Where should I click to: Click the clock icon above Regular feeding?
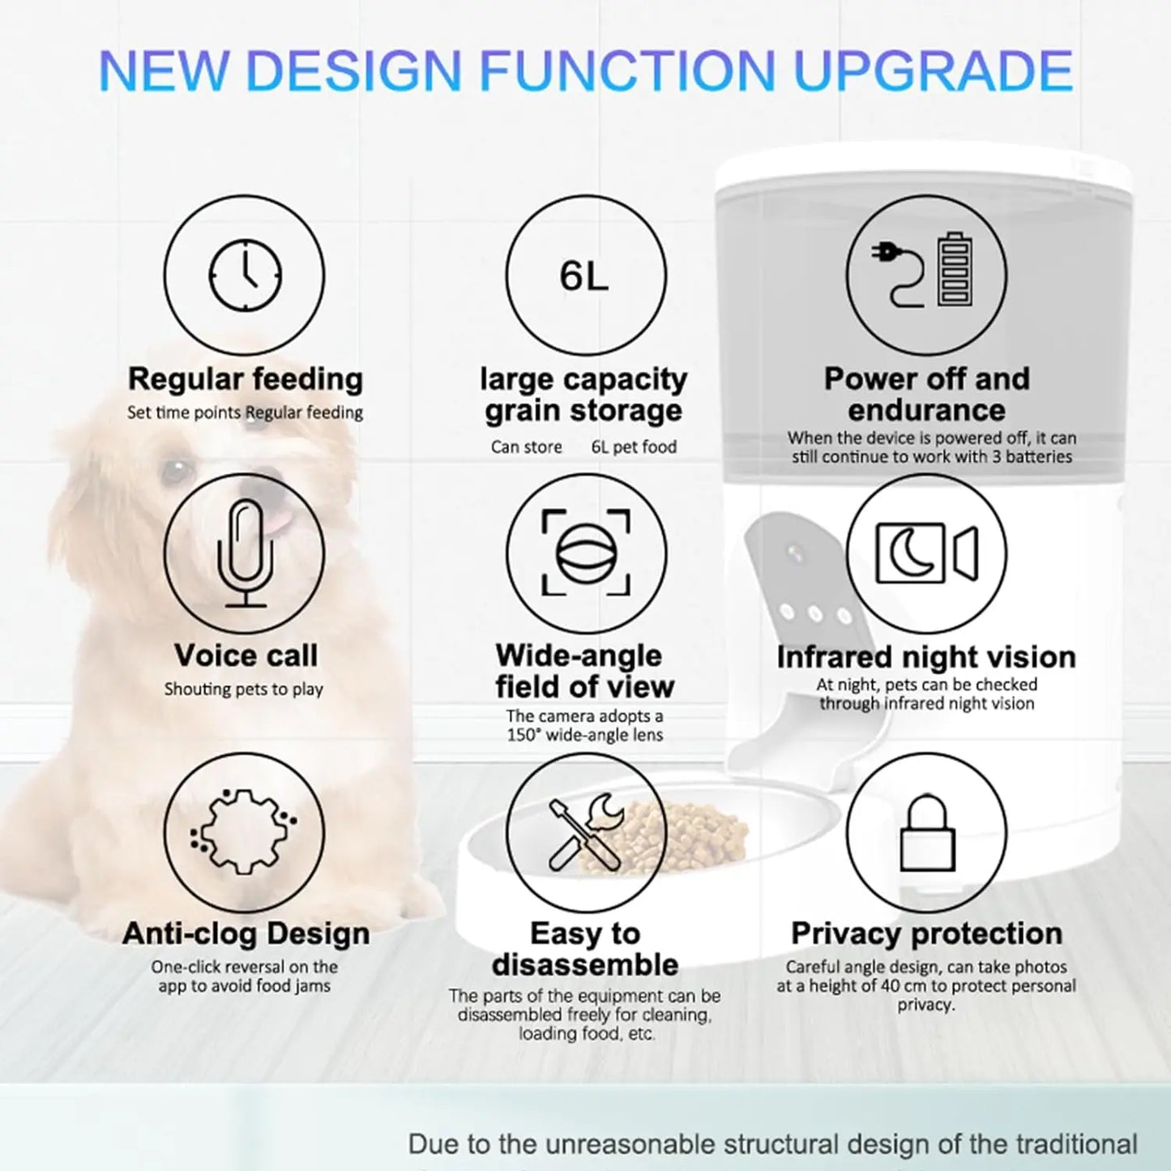point(245,275)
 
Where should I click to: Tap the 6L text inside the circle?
point(584,276)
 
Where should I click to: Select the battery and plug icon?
point(926,271)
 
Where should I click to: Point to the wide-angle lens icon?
point(586,553)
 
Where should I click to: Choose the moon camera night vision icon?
point(926,553)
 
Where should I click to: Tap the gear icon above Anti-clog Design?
point(243,831)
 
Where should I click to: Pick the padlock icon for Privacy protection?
point(927,833)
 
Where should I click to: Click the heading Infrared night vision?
point(926,656)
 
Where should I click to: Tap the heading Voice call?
point(246,656)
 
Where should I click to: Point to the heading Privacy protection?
point(926,934)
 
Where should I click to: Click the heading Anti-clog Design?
point(246,934)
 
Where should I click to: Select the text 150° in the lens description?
point(524,735)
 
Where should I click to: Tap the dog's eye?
point(177,471)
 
